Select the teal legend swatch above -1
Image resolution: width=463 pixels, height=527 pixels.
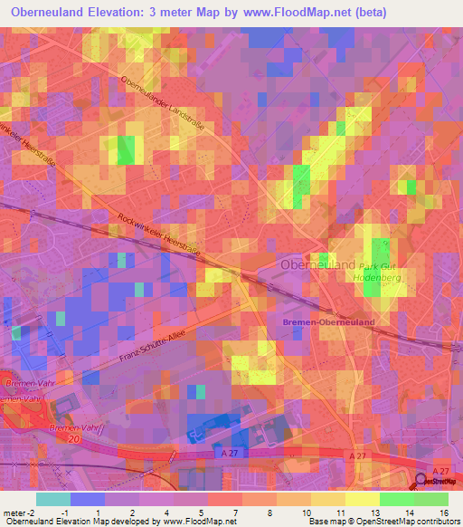tap(52, 499)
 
